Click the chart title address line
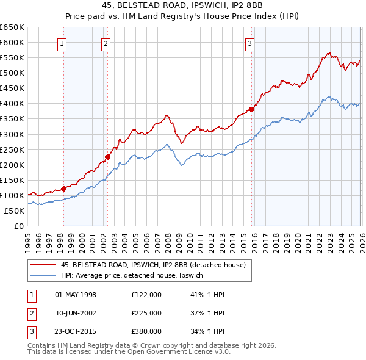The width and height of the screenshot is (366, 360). tap(182, 7)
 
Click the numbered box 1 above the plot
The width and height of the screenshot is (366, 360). tap(63, 43)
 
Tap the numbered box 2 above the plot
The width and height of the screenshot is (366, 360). tap(106, 43)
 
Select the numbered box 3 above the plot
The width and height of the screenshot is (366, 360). tap(250, 43)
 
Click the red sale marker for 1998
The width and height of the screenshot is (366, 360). tap(63, 189)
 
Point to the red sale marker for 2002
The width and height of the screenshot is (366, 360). tap(107, 157)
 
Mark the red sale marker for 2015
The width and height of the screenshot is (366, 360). tap(251, 110)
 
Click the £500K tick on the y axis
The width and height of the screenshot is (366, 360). tap(12, 73)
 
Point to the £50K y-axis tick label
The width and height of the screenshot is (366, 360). tap(15, 211)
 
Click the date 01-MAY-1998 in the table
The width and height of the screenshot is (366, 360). tap(76, 295)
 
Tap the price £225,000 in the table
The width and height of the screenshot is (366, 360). tap(146, 313)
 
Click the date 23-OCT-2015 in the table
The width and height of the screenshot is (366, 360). tap(76, 331)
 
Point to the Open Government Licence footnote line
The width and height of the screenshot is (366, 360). tap(129, 352)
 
